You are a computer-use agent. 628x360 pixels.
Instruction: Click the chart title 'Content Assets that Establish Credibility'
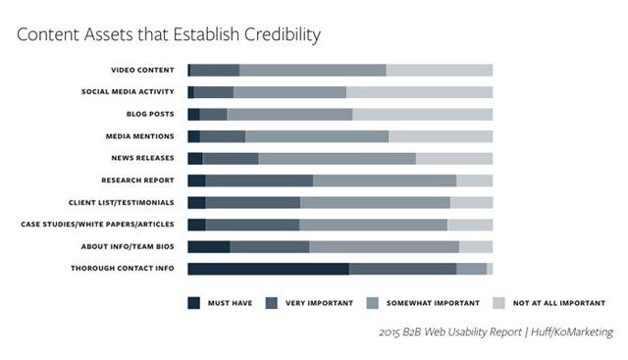click(x=169, y=35)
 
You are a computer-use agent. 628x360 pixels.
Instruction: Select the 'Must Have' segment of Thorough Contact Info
click(x=268, y=269)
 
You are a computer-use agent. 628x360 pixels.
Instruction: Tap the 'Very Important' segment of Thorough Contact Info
click(x=403, y=269)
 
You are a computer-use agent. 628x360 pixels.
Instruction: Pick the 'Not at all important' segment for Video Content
click(x=440, y=70)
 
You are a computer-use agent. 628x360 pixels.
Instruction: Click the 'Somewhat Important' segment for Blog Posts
click(x=290, y=114)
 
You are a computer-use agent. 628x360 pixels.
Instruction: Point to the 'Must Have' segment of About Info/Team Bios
click(x=209, y=246)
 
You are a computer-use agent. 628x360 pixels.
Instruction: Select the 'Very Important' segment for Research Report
click(x=259, y=180)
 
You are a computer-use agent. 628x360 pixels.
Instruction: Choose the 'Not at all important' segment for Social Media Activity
click(x=420, y=92)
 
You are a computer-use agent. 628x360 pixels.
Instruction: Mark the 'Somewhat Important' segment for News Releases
click(x=338, y=159)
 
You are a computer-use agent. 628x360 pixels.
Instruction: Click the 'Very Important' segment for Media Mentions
click(x=223, y=136)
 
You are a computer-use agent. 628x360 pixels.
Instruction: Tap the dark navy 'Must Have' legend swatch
click(x=194, y=303)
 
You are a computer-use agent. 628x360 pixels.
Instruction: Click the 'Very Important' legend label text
click(x=319, y=303)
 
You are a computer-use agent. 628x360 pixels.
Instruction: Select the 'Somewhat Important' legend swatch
click(x=373, y=303)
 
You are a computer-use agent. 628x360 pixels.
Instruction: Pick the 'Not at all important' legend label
click(x=559, y=303)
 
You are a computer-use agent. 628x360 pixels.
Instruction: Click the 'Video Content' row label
click(x=142, y=70)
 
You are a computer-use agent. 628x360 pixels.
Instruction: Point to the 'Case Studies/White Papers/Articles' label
click(x=98, y=225)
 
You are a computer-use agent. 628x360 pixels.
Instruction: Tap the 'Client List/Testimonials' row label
click(x=122, y=203)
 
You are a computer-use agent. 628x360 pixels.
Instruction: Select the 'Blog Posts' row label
click(x=150, y=114)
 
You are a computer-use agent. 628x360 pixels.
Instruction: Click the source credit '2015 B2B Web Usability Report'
click(x=450, y=332)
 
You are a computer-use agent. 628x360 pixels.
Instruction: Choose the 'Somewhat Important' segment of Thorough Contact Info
click(x=472, y=269)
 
